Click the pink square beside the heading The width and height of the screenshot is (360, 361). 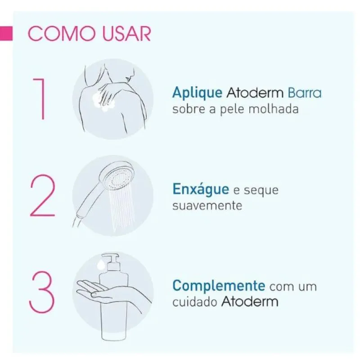[6, 33]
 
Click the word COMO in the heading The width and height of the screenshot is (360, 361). [62, 34]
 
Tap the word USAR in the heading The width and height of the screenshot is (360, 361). [126, 34]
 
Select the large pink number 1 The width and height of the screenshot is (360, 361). [39, 99]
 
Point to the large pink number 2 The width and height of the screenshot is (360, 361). [43, 196]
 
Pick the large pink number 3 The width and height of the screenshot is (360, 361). [42, 292]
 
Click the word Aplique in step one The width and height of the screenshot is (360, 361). [197, 93]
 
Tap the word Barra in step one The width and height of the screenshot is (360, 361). [304, 93]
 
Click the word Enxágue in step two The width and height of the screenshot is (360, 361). [201, 190]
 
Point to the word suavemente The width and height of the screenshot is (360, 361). [207, 206]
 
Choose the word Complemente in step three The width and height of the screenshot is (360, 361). [219, 286]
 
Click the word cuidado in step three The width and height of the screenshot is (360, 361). [195, 302]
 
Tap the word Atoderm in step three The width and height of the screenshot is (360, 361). [250, 302]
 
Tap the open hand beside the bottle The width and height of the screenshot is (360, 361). [97, 290]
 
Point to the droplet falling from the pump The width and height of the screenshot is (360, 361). [101, 265]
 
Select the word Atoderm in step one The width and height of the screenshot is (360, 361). [255, 93]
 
